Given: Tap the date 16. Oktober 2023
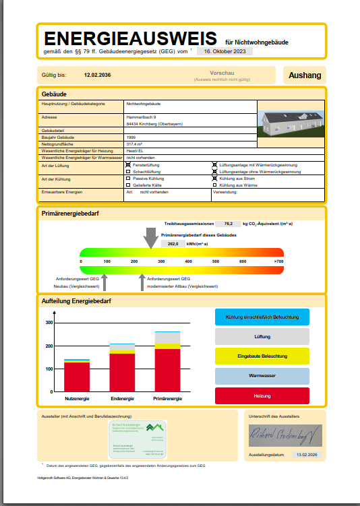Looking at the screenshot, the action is coord(229,51).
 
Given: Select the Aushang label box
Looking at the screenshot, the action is coord(305,75).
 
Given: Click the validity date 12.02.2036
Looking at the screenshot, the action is coord(97,75).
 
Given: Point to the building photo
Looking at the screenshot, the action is coord(289,121).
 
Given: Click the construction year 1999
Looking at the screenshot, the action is coord(131,137).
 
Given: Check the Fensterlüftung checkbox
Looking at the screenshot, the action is coord(128,164).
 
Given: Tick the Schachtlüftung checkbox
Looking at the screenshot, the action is coord(128,172).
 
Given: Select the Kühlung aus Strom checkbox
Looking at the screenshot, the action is coord(215,179).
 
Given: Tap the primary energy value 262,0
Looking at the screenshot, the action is coord(173,243).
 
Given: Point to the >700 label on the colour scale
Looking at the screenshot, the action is coord(278,261).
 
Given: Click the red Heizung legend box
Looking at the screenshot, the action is coord(262,396).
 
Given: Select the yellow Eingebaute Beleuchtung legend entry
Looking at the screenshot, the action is coord(262,356).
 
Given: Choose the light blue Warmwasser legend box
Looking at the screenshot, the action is coord(262,376).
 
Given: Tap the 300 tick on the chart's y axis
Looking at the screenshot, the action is coord(49,323).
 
